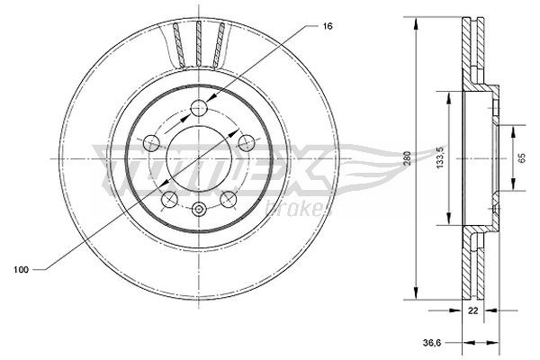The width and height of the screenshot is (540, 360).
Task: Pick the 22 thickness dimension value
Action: (472, 310)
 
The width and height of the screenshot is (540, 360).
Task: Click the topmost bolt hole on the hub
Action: (200, 109)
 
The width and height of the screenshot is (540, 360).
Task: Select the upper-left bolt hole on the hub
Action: (152, 142)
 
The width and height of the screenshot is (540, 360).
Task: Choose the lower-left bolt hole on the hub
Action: (170, 199)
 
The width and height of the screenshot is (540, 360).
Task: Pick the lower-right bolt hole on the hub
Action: (229, 199)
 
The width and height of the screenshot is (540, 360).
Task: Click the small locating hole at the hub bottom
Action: (200, 210)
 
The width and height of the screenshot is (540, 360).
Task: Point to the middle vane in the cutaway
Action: (199, 42)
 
